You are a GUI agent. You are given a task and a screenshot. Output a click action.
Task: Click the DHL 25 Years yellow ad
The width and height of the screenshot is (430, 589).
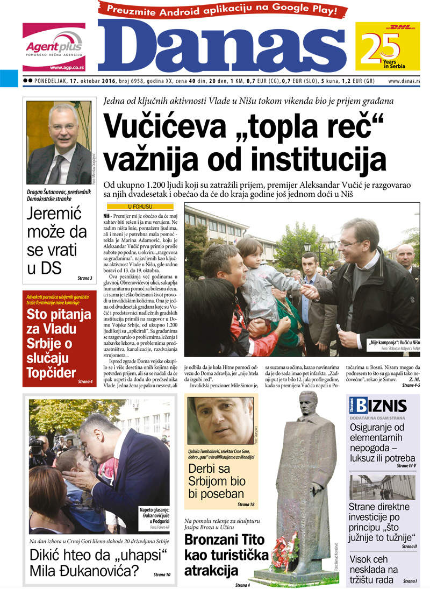[x=387, y=46]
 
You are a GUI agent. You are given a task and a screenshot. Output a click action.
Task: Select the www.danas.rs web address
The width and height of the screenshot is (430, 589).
[x=404, y=81]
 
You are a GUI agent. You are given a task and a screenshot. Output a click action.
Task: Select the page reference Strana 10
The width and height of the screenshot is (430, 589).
[x=161, y=574]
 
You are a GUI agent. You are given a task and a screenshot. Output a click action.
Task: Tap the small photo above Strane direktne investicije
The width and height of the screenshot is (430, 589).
[x=382, y=486]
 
